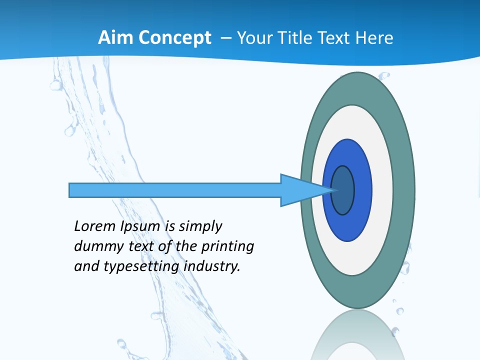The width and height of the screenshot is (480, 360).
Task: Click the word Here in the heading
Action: [374, 37]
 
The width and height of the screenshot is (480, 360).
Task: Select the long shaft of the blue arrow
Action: [175, 190]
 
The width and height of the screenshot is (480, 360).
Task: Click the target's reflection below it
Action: [357, 337]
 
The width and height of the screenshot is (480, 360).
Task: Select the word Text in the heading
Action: [333, 37]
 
